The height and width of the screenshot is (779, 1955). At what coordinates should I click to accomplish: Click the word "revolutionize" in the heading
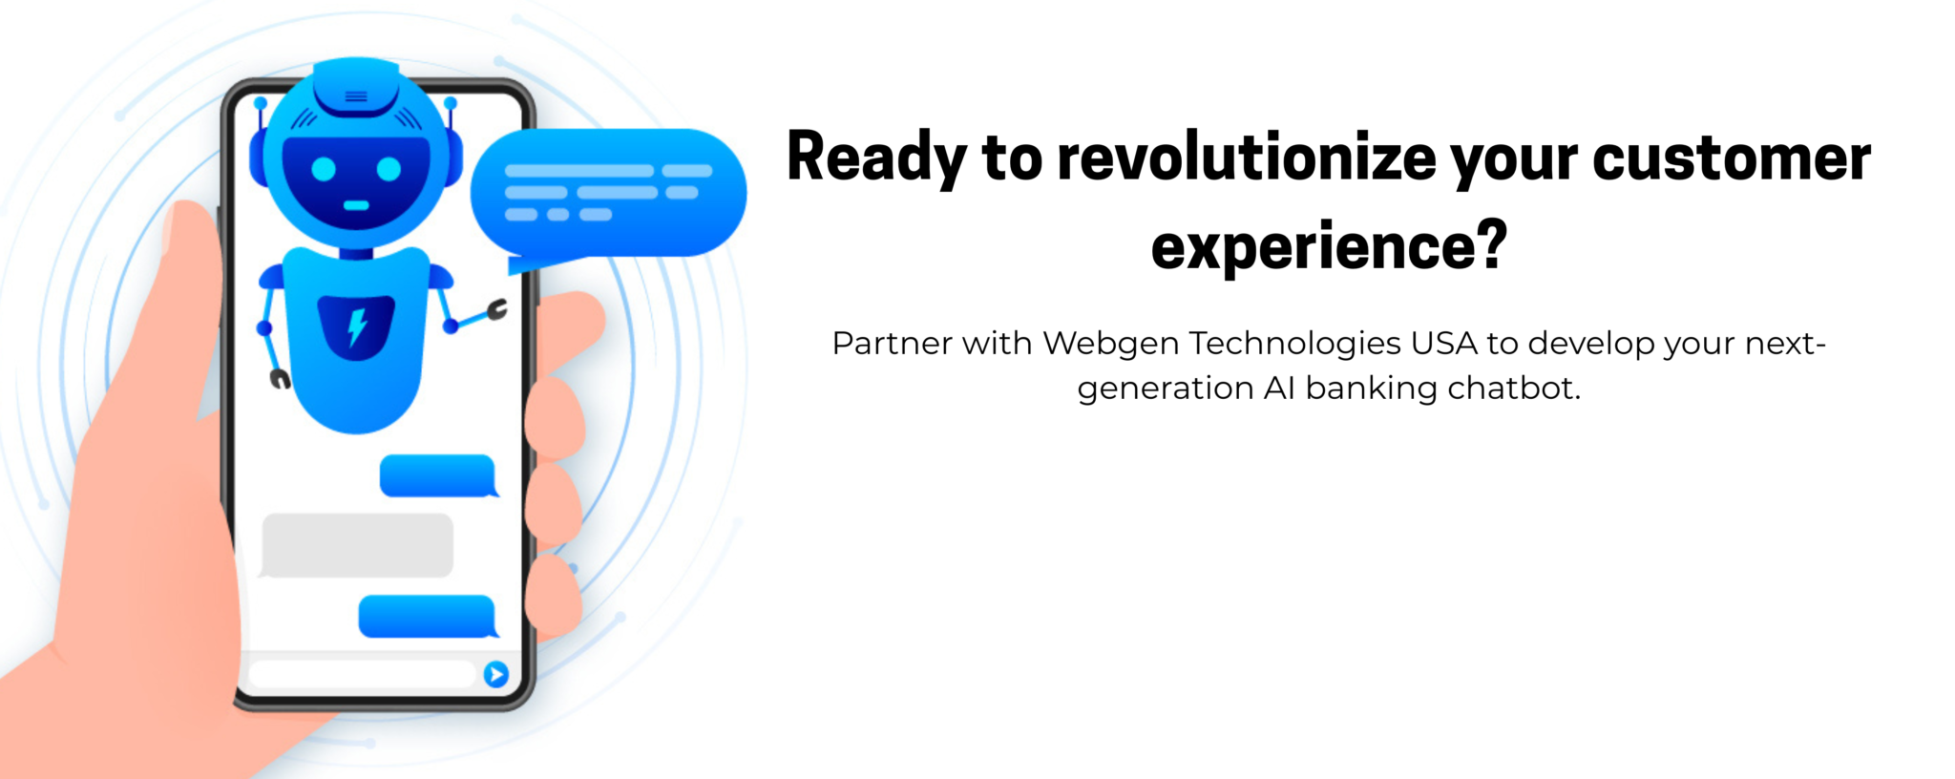(x=1246, y=158)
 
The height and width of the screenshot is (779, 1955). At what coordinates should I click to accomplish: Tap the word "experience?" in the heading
(x=1328, y=246)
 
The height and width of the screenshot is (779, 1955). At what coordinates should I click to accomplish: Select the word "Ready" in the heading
(x=876, y=158)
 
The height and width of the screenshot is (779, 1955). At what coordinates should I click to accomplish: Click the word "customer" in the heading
(x=1732, y=158)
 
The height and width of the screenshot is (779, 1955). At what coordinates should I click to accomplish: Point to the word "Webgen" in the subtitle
(x=1110, y=343)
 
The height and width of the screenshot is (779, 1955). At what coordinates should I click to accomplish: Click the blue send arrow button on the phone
(x=496, y=674)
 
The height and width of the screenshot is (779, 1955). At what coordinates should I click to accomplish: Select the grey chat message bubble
(x=357, y=545)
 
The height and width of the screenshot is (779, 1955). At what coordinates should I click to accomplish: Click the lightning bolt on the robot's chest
(x=357, y=326)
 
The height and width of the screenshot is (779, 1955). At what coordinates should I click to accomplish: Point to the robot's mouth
(x=356, y=205)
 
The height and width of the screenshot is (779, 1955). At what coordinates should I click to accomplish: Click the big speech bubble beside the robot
(x=608, y=192)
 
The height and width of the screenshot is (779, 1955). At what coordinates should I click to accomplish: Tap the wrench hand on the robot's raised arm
(x=497, y=309)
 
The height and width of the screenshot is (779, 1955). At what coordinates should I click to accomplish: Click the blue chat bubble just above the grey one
(x=438, y=475)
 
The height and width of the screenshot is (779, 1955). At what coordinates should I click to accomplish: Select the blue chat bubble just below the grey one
(x=427, y=616)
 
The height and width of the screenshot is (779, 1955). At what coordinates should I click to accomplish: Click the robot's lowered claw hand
(x=280, y=379)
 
